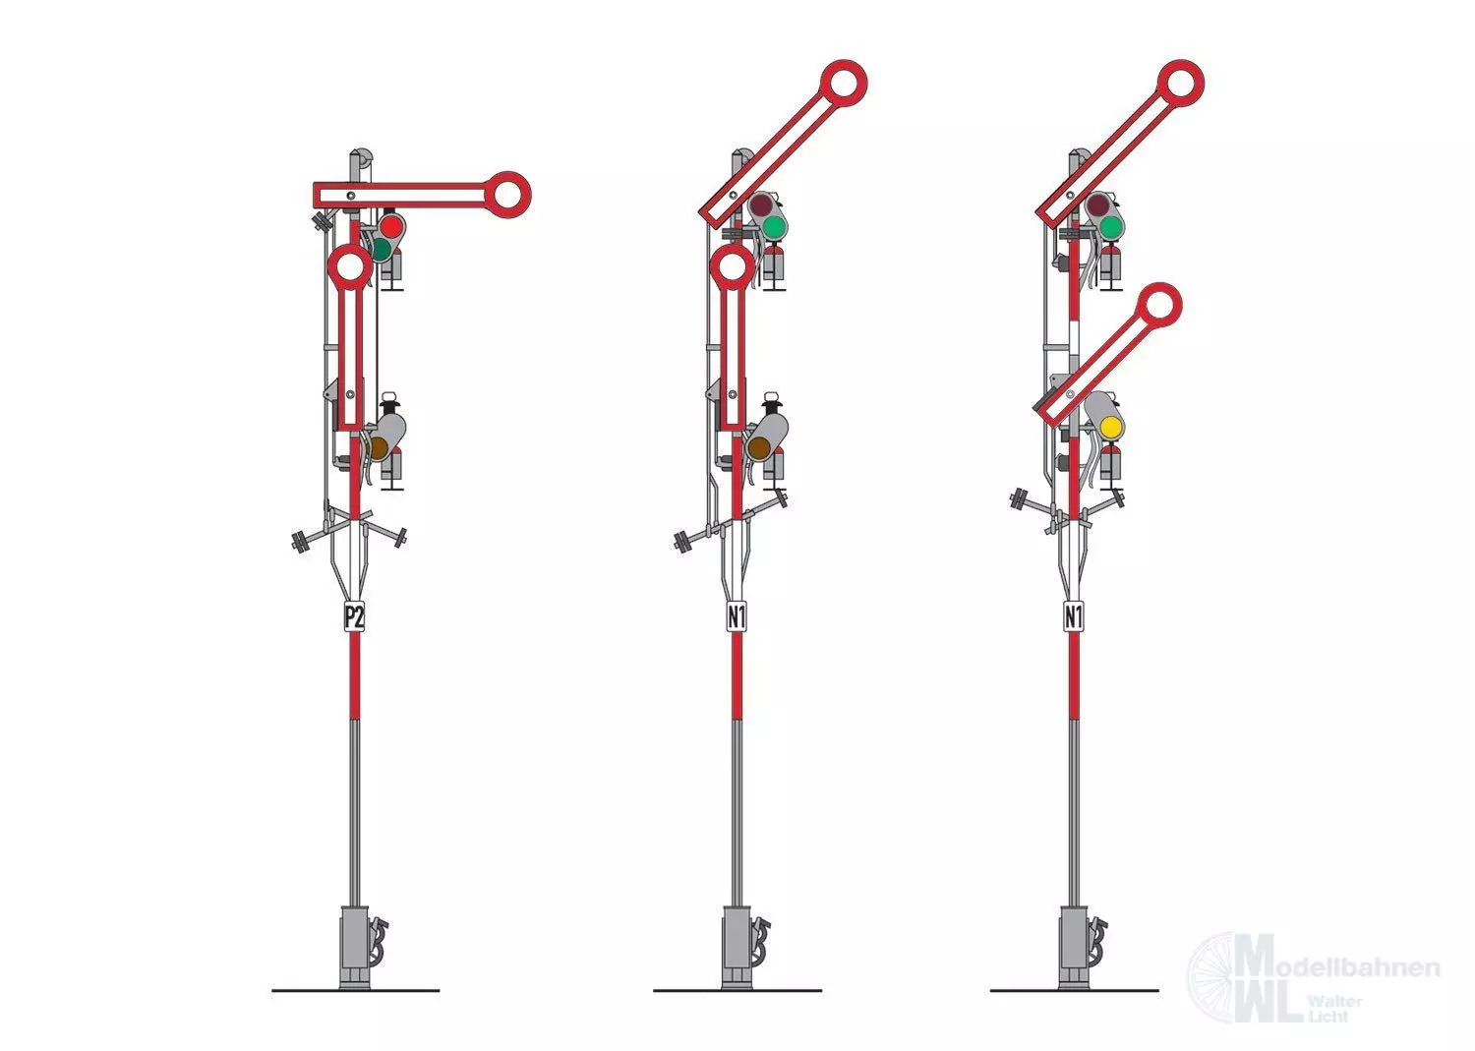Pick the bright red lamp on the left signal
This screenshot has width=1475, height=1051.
pyautogui.click(x=391, y=227)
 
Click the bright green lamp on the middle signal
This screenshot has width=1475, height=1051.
pyautogui.click(x=775, y=228)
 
